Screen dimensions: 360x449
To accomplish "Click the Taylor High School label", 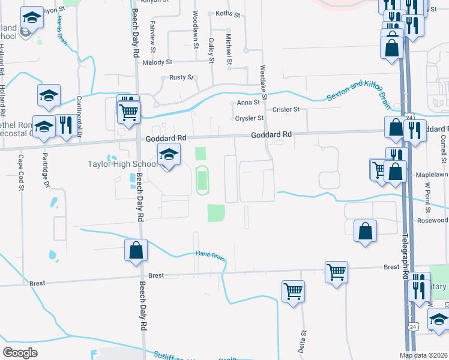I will (122, 164).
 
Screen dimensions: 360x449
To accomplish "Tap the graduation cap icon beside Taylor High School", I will (169, 156).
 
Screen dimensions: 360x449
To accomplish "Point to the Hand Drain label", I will (210, 254).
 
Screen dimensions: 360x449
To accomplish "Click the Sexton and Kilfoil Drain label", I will (359, 91).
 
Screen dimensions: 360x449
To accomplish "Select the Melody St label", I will (157, 62).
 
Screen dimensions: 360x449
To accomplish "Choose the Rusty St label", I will (181, 77).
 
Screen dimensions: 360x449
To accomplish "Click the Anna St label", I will (248, 103).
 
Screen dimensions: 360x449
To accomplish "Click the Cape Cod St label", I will (20, 172).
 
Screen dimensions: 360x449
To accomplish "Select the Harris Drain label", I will (61, 28).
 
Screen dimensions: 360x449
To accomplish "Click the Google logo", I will (20, 352).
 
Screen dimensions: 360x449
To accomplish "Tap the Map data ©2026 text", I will (423, 355).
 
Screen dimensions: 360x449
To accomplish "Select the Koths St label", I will (228, 13).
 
